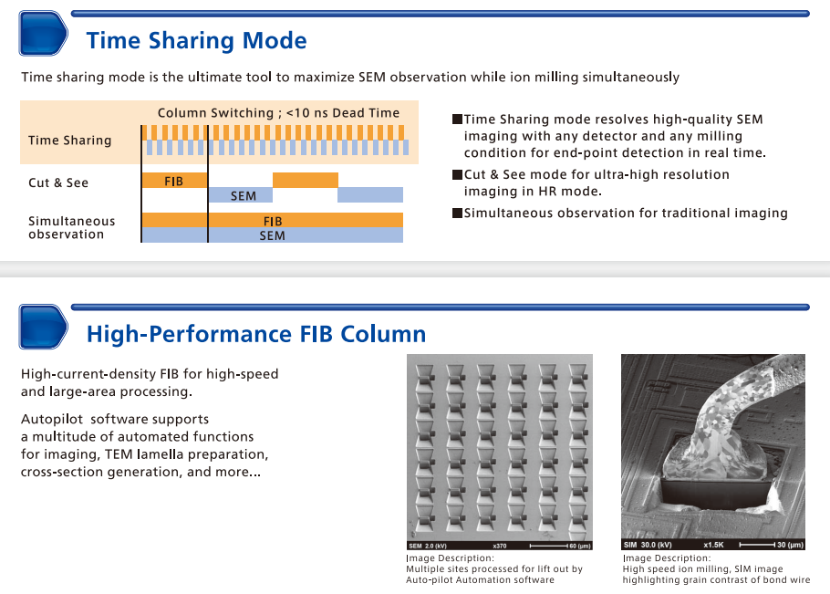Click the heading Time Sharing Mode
coord(196,41)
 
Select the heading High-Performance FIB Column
coord(255,334)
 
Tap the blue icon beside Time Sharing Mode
coord(43,34)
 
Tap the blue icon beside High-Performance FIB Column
coord(43,327)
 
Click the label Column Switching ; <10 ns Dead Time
coord(278,113)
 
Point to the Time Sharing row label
coord(69,141)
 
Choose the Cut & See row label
coord(58,182)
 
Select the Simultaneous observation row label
coord(71,227)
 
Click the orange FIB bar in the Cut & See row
coord(174,181)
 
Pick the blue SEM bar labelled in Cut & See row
coord(243,195)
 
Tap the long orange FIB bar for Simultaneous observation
coord(273,221)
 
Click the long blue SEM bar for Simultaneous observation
coord(273,235)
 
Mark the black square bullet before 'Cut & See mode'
coord(457,174)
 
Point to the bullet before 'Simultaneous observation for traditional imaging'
coord(457,214)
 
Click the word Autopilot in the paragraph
coord(51,419)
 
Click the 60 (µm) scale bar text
coord(579,545)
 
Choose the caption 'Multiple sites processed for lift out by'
coord(493,568)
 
